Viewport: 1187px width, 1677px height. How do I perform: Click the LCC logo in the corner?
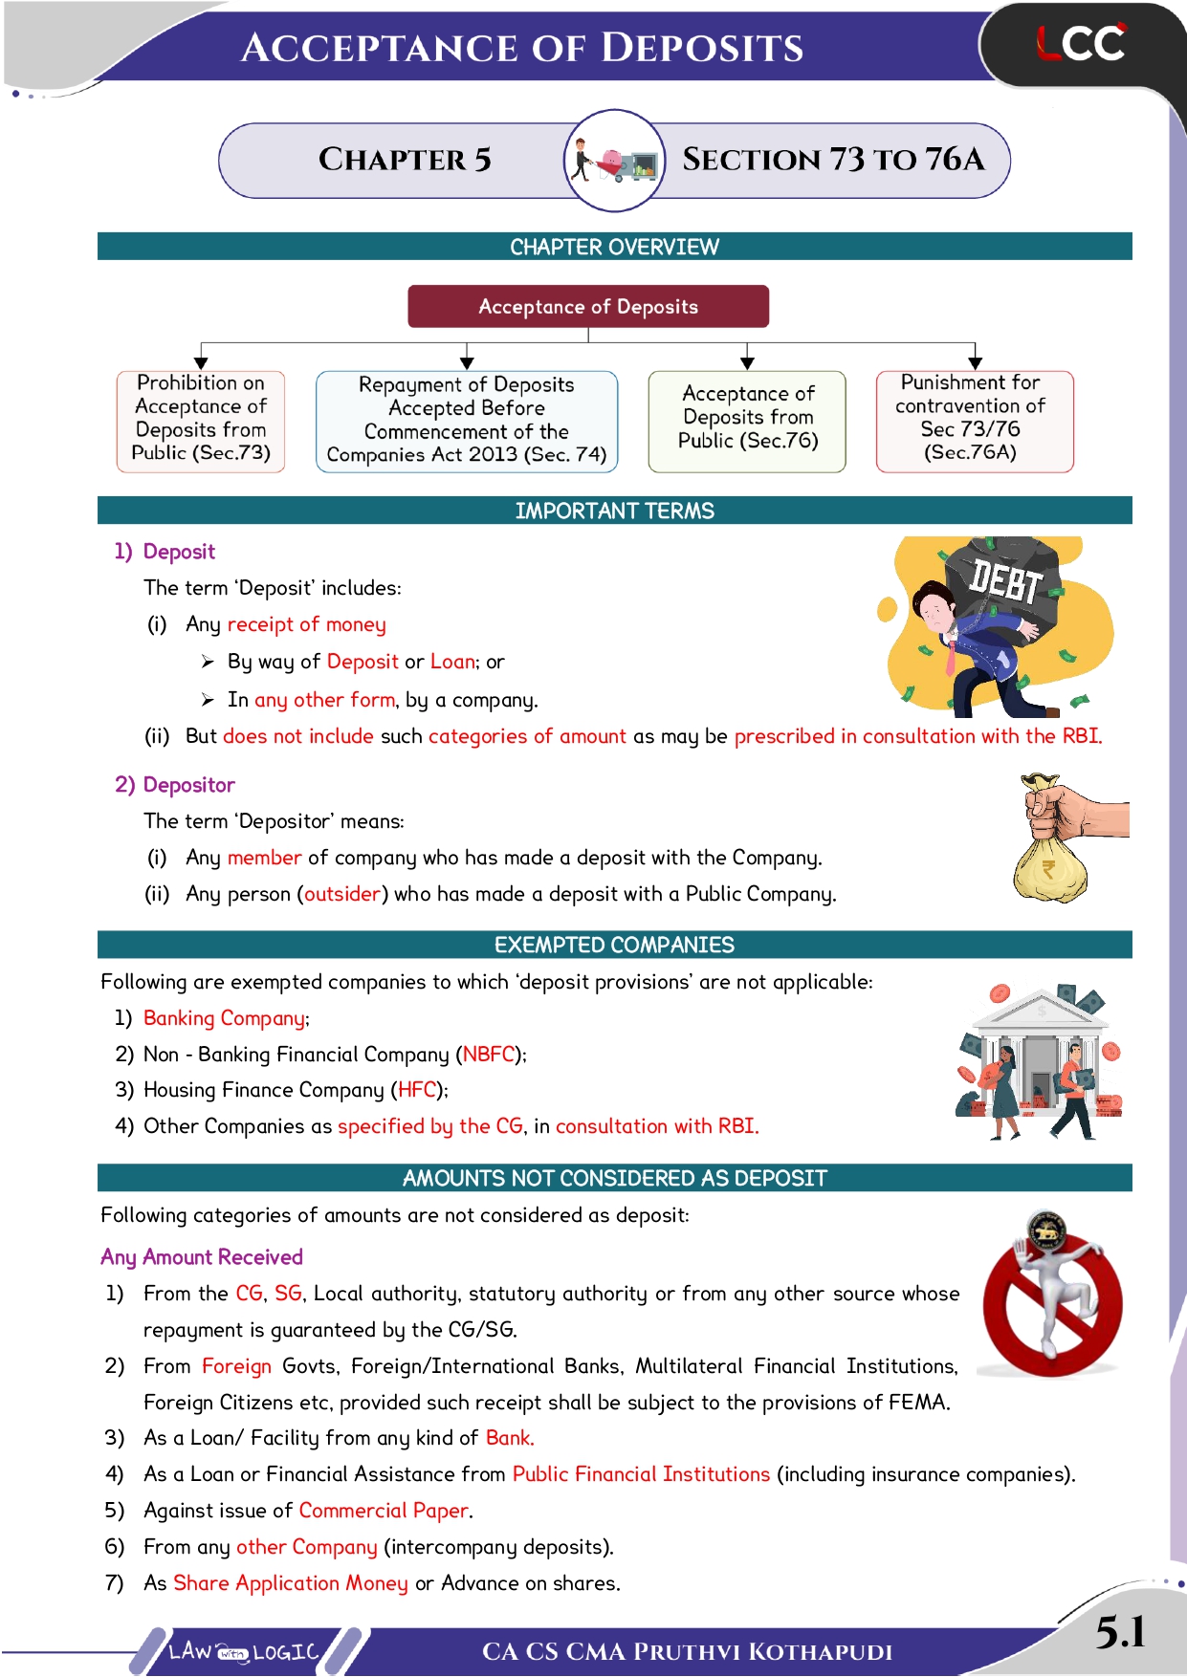pyautogui.click(x=1081, y=44)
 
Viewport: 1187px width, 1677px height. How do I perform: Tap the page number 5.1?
pyautogui.click(x=1120, y=1631)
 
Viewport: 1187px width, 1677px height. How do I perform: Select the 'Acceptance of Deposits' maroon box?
pyautogui.click(x=588, y=307)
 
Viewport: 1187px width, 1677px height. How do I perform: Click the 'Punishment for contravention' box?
pyautogui.click(x=974, y=421)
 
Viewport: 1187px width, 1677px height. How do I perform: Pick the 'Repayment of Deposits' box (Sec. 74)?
pyautogui.click(x=467, y=421)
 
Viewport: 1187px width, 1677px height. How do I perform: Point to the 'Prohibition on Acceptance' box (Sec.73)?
pyautogui.click(x=201, y=421)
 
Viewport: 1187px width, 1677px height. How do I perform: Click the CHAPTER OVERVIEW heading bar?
pyautogui.click(x=614, y=247)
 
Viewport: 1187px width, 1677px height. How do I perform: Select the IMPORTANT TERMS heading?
pyautogui.click(x=614, y=511)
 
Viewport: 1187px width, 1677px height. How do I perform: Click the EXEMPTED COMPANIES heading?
pyautogui.click(x=614, y=945)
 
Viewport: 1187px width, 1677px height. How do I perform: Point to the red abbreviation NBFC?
pyautogui.click(x=489, y=1055)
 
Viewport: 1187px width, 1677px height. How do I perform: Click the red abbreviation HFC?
pyautogui.click(x=417, y=1090)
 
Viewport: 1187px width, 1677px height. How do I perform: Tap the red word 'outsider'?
pyautogui.click(x=342, y=894)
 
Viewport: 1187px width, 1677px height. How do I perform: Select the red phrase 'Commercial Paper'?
pyautogui.click(x=384, y=1511)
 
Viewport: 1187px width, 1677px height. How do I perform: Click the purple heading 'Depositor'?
pyautogui.click(x=188, y=785)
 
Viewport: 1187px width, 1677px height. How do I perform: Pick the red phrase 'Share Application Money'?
pyautogui.click(x=290, y=1583)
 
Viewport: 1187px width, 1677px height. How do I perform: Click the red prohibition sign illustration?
pyautogui.click(x=1052, y=1302)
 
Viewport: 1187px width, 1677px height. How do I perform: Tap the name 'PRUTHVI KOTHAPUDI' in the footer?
pyautogui.click(x=762, y=1652)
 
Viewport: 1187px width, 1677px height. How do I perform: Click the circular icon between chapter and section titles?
pyautogui.click(x=615, y=160)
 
